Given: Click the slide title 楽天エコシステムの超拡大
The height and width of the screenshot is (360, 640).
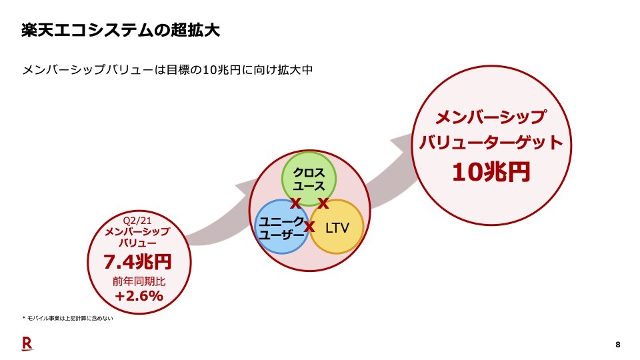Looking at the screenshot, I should (120, 31).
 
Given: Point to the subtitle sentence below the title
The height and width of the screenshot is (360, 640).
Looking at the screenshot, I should (167, 70).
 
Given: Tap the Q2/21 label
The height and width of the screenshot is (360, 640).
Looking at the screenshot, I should (138, 221).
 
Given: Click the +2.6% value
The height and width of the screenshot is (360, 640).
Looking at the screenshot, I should (139, 296).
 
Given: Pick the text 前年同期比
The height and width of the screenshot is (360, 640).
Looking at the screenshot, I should (139, 281).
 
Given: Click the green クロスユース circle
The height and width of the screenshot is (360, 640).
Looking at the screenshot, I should (309, 172).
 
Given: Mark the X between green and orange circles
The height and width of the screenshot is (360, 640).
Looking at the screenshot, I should (323, 203).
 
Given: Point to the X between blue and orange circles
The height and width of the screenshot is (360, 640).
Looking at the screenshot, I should (309, 227).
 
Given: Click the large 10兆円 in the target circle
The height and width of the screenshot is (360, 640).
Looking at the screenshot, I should (491, 171).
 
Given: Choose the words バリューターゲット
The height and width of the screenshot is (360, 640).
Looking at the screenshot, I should (491, 143).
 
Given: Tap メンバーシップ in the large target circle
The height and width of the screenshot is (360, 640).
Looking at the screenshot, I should (491, 117).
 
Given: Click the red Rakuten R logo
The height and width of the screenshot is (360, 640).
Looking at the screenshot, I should (27, 343).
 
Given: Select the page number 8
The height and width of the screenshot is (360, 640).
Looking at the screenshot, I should (617, 344).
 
